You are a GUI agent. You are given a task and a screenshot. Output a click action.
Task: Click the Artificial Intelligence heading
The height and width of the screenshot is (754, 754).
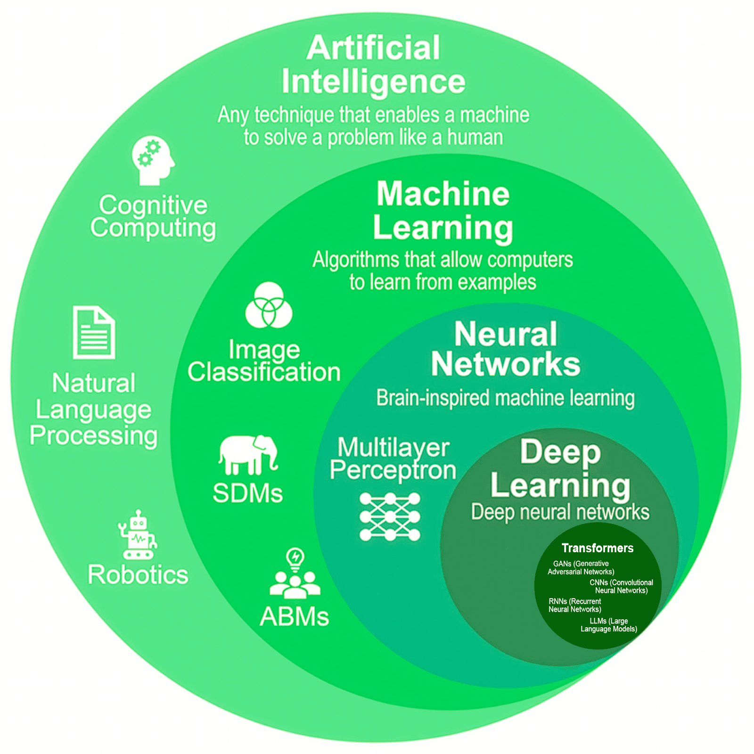tap(373, 65)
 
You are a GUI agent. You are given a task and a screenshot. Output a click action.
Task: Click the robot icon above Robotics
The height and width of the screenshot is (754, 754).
tap(137, 535)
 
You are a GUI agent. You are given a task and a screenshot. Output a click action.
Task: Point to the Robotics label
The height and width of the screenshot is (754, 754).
tap(138, 574)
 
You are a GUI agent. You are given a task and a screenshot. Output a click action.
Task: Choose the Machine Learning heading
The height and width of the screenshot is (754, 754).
tap(443, 211)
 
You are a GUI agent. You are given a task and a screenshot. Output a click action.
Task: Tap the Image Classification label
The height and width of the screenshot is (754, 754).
tap(264, 361)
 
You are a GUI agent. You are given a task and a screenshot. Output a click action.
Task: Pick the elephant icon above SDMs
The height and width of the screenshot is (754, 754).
tap(248, 454)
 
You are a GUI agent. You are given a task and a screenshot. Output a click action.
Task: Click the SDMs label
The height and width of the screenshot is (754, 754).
tap(248, 493)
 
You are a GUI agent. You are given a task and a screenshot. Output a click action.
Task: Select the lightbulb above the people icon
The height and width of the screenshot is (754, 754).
tap(295, 558)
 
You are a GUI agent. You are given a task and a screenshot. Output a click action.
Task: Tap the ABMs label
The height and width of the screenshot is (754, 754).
tap(295, 616)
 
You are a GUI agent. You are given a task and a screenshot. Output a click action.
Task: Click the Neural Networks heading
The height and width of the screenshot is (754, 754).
tap(506, 349)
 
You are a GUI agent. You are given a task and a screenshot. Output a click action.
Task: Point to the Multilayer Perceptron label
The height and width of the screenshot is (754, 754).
tap(393, 459)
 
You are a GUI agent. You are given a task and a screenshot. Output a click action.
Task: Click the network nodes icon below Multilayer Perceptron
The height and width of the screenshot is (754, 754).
tap(390, 517)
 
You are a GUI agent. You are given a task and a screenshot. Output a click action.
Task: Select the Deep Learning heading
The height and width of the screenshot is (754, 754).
tap(560, 468)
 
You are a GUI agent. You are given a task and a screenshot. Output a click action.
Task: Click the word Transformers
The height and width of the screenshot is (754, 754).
tap(598, 548)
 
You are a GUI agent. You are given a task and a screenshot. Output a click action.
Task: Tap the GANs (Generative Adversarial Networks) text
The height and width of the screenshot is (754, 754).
tap(581, 567)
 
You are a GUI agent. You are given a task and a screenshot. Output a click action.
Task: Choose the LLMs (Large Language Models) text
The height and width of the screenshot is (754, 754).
tap(609, 625)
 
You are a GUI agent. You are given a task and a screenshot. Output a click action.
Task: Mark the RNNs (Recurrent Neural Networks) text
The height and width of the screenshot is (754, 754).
tap(575, 605)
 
